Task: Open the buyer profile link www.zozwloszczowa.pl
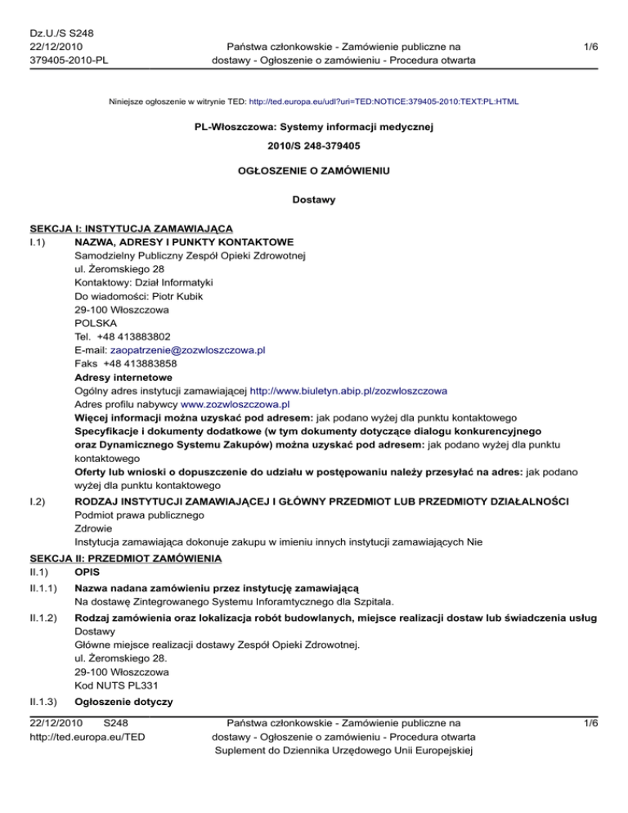coord(235,404)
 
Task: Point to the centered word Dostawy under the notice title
coord(313,198)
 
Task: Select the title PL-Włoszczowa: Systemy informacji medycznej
coord(313,129)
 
